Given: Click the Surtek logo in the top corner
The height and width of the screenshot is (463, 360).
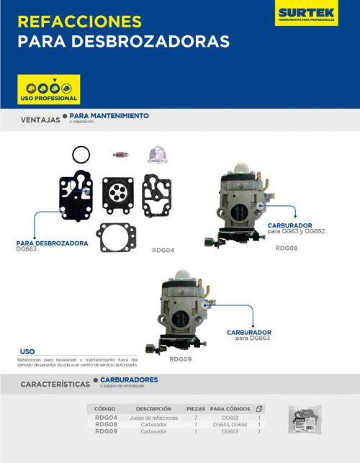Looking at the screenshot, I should [x=307, y=14].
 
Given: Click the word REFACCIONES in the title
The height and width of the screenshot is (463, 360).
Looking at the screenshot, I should [x=80, y=20].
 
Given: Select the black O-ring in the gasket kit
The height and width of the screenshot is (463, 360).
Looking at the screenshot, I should [x=81, y=154].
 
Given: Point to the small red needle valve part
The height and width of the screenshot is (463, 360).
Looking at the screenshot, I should [x=121, y=154].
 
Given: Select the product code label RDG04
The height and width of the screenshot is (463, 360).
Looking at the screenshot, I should [x=163, y=251].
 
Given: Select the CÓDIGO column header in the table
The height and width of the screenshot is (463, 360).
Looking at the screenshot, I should [x=105, y=408].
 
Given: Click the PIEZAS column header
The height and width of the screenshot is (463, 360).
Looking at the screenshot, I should [x=195, y=408].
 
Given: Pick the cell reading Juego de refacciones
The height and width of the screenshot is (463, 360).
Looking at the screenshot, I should [x=153, y=418].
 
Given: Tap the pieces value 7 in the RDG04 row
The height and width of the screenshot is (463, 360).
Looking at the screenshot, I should [x=195, y=418].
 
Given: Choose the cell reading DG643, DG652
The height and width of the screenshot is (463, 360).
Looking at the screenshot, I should [x=230, y=425].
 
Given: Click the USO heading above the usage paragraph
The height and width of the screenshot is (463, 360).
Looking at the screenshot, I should [x=27, y=351].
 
